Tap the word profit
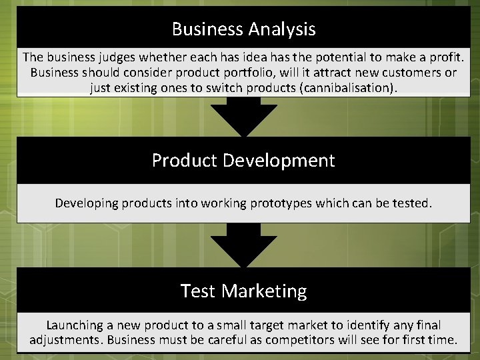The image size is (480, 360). (x=445, y=57)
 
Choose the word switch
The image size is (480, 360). (x=214, y=88)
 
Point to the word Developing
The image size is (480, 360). (x=86, y=203)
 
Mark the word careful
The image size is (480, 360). (x=244, y=341)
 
